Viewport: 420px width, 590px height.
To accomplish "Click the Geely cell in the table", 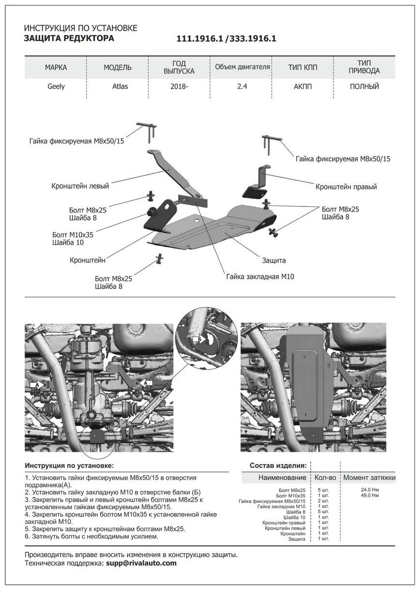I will [x=56, y=87].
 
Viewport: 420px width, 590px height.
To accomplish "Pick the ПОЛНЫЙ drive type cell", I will [x=364, y=87].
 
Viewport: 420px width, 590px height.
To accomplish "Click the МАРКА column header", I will [x=56, y=67].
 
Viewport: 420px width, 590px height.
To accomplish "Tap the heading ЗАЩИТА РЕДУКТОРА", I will [x=69, y=39].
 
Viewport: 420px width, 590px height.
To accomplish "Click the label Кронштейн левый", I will [x=80, y=186].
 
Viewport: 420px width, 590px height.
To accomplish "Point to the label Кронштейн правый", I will [x=346, y=186].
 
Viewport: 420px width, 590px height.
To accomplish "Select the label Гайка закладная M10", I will [x=260, y=277].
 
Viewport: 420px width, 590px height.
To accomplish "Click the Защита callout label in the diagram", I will [x=274, y=260].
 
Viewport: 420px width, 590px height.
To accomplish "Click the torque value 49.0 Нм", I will [x=370, y=496].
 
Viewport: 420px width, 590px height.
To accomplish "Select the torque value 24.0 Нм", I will [x=370, y=490].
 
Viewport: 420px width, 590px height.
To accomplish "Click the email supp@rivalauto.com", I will [x=141, y=563].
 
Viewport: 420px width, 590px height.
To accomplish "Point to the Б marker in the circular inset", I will [x=197, y=340].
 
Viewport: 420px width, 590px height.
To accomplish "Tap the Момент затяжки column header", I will [x=369, y=478].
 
